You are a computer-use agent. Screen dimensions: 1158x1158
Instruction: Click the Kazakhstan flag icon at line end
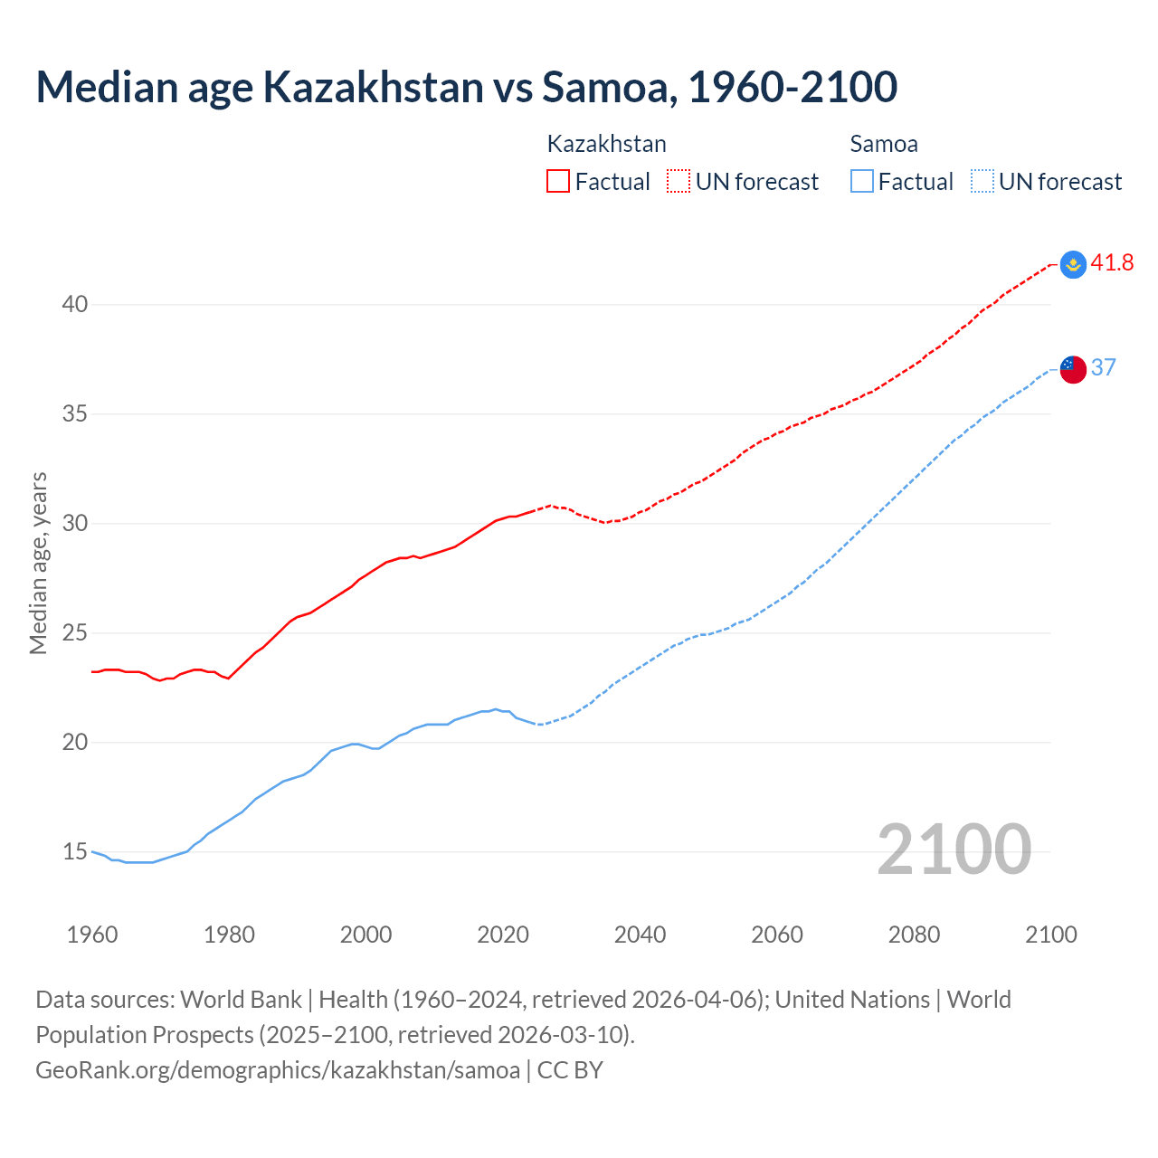1073,264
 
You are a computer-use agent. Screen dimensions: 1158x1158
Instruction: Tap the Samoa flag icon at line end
1073,369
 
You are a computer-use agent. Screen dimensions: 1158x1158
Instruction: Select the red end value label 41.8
1112,263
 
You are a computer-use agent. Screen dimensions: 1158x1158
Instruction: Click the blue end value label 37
1103,367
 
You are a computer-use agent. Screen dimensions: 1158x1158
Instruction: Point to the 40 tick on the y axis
75,305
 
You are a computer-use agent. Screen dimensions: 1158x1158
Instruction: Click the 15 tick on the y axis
75,852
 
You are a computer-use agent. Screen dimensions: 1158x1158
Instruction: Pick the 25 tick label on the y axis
75,633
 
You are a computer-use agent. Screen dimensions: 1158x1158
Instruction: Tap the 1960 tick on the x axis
92,935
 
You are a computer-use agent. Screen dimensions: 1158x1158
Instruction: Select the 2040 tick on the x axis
640,935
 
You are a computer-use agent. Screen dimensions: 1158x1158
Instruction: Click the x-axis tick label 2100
1050,935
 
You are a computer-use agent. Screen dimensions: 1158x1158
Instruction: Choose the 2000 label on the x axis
365,935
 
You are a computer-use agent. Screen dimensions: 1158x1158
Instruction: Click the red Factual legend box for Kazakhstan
558,182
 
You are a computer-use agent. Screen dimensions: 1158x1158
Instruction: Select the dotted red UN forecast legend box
679,182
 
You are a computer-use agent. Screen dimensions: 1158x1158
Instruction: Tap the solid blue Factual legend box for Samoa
862,182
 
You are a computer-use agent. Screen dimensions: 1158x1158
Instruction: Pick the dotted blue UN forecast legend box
982,182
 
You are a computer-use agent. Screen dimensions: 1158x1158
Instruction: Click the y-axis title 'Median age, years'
38,563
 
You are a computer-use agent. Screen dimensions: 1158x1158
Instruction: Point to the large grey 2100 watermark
954,850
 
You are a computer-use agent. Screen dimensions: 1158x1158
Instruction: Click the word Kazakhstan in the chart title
373,87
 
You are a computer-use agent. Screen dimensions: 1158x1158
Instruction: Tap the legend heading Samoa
884,144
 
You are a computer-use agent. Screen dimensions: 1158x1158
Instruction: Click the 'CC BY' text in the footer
570,1070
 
